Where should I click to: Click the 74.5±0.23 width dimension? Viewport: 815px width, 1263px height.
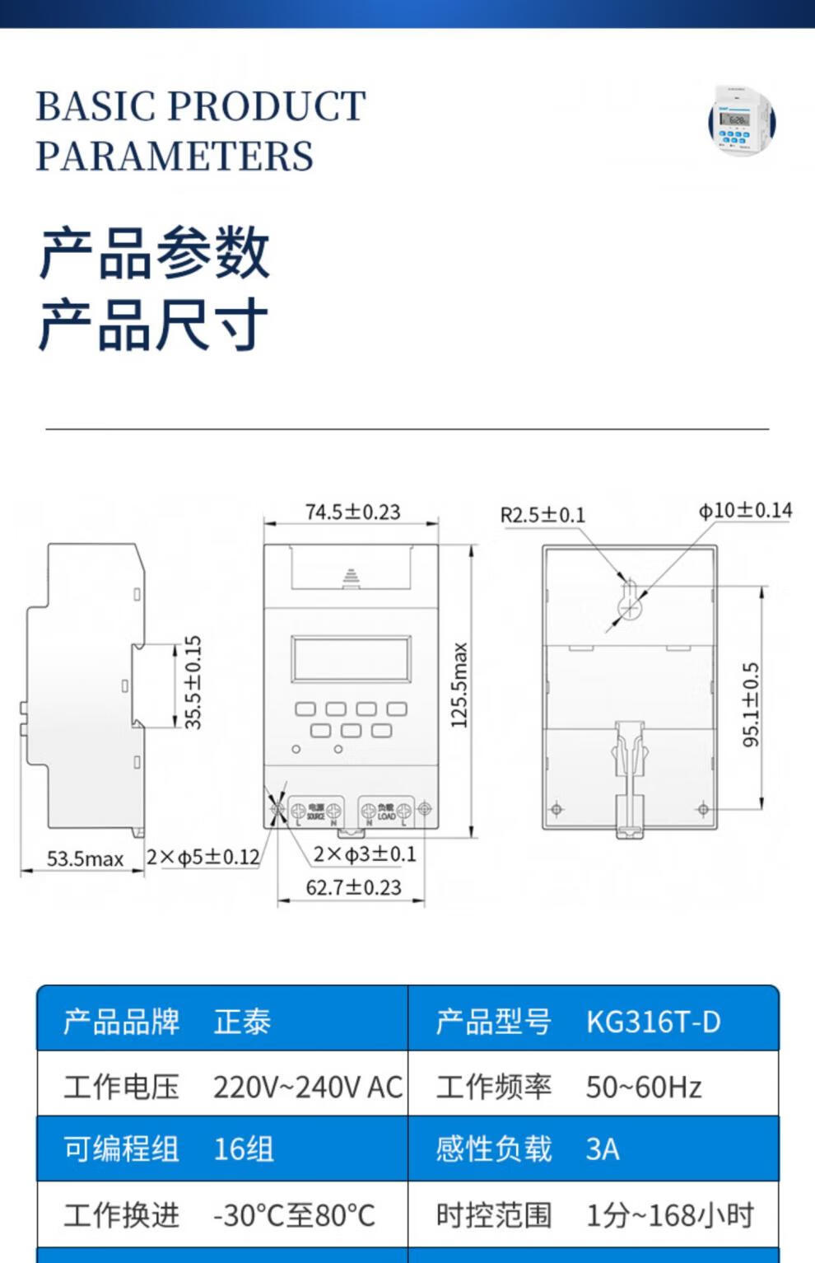click(352, 512)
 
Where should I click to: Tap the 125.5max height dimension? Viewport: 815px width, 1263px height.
click(459, 685)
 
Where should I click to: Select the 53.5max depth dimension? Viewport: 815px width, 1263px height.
click(85, 858)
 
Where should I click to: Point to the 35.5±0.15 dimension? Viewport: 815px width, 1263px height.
click(193, 682)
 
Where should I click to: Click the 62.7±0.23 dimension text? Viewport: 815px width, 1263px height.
click(353, 887)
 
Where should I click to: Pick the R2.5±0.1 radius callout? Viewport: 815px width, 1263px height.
click(543, 515)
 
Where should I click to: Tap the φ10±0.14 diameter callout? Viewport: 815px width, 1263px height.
click(745, 511)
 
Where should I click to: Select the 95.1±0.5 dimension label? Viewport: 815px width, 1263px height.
click(751, 705)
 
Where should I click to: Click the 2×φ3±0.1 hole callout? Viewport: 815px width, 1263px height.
click(365, 854)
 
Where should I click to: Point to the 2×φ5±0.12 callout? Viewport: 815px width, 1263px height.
click(203, 857)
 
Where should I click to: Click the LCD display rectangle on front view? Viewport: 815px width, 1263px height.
click(350, 658)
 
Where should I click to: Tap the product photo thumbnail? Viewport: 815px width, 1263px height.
click(742, 122)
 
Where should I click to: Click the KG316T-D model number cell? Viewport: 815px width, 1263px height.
click(653, 1022)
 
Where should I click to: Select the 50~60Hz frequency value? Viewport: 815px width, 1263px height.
click(644, 1087)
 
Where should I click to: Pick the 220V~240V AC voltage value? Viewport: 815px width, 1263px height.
click(307, 1087)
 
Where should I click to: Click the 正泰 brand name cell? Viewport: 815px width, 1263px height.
click(242, 1022)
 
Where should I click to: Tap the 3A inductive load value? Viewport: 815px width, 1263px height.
click(602, 1149)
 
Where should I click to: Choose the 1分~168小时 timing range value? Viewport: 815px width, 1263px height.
click(669, 1215)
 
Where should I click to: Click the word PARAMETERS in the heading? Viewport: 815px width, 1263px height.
click(175, 156)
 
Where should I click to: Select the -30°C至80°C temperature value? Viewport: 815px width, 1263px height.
click(294, 1215)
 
